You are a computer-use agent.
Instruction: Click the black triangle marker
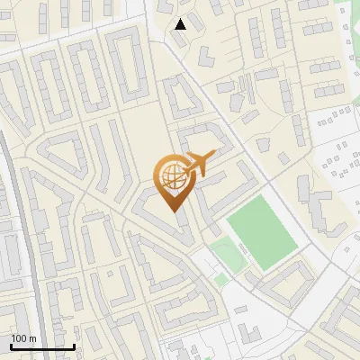tap(181, 24)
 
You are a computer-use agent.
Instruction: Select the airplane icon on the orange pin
tap(200, 164)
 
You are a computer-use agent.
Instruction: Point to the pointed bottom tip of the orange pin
tap(174, 211)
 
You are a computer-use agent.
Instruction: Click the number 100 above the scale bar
tap(21, 338)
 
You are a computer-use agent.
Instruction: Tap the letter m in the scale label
tap(33, 338)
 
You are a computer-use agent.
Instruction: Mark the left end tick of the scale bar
tap(11, 346)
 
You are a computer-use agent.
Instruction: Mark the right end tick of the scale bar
tap(74, 346)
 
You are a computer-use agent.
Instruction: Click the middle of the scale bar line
tap(42, 347)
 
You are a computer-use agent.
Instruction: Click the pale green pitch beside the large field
tap(228, 256)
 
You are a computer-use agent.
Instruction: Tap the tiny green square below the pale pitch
tap(221, 280)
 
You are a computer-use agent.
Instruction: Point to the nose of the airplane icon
tap(214, 155)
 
